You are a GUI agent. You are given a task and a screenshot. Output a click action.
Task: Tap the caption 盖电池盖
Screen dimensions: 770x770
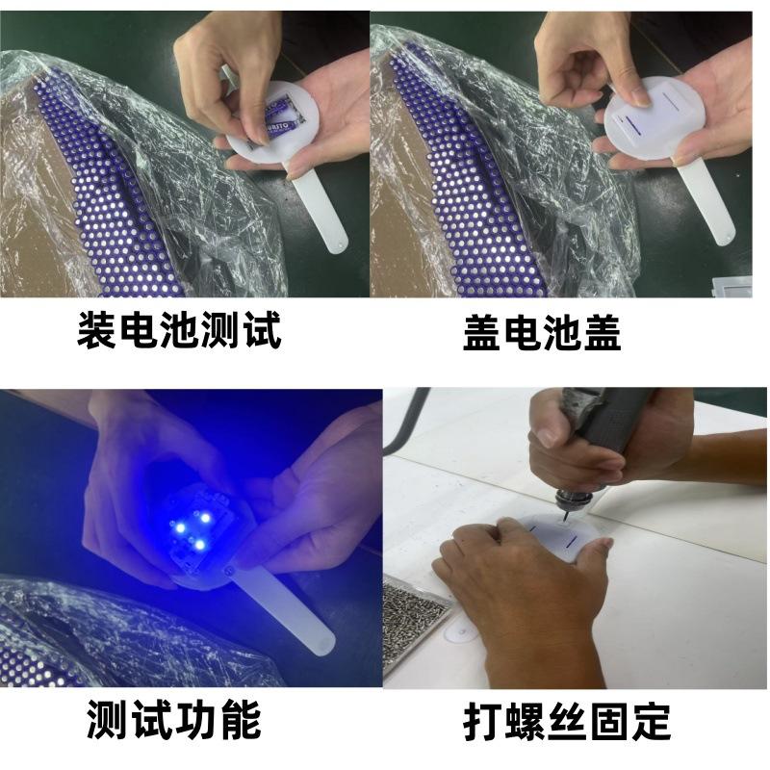point(541,333)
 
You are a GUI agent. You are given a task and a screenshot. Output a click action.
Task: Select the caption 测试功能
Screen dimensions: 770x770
point(173,719)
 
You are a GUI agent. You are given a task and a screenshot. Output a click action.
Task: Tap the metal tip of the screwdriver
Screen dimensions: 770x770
point(562,513)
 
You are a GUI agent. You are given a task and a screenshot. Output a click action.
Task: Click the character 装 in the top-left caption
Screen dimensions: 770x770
point(97,331)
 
